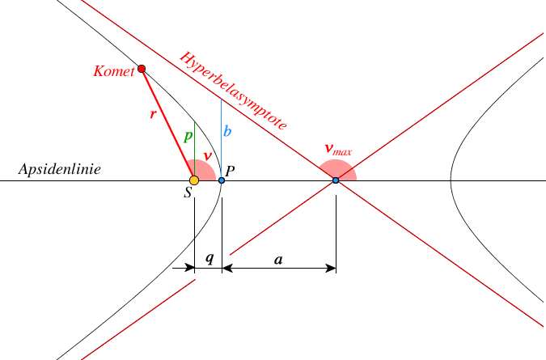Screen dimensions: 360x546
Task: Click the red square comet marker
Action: click(x=142, y=69)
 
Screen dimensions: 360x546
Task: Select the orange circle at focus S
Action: click(x=194, y=180)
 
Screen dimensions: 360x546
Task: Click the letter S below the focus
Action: click(x=188, y=194)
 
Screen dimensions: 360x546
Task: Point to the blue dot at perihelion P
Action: click(x=222, y=180)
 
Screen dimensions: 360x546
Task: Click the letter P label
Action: click(x=231, y=171)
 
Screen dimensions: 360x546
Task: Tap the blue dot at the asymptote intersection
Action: click(x=336, y=180)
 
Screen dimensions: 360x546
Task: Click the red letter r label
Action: click(x=153, y=115)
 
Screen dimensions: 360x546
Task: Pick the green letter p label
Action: click(x=188, y=136)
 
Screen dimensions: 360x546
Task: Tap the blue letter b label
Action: click(x=227, y=132)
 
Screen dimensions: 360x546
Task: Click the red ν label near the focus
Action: click(x=208, y=155)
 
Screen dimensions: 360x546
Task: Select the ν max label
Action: click(x=337, y=149)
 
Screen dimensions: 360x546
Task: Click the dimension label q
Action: click(x=210, y=259)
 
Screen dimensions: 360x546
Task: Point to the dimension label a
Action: click(x=278, y=259)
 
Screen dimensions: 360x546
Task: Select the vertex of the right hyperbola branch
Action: click(x=451, y=180)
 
